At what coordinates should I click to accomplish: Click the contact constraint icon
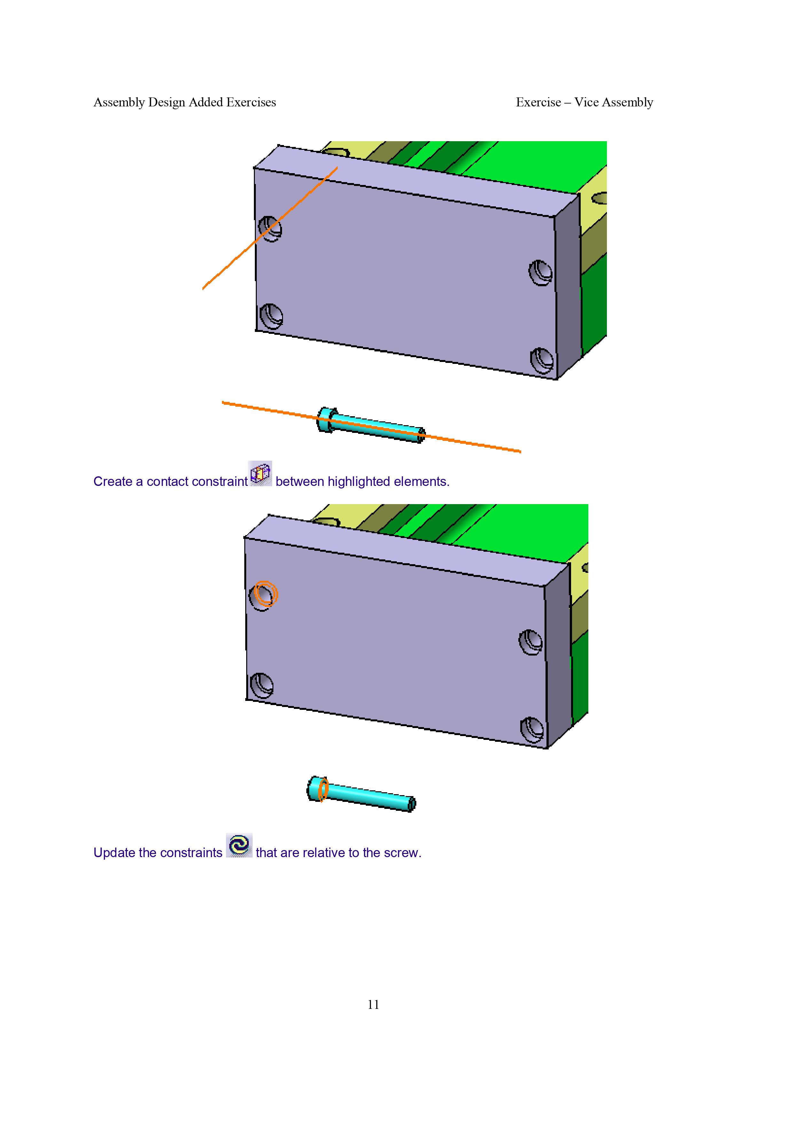click(x=260, y=473)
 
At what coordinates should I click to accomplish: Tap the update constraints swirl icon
click(x=239, y=845)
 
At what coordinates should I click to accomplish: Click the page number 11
click(x=373, y=1004)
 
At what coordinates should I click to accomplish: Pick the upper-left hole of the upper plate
click(x=270, y=228)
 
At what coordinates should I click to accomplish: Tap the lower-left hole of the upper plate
click(x=271, y=316)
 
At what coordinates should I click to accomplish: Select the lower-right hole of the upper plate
click(x=542, y=360)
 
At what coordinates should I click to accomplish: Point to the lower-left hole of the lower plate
click(x=261, y=686)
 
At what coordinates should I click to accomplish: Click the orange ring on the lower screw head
click(x=322, y=789)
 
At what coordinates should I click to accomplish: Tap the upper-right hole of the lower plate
click(x=530, y=642)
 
